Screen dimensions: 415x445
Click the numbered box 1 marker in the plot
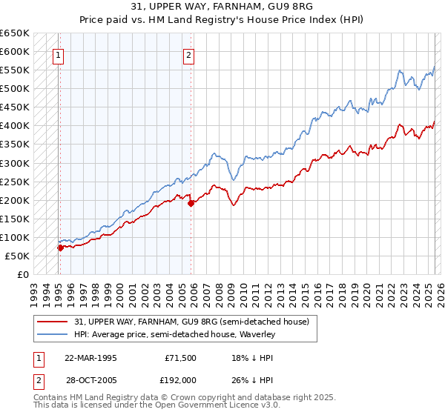[58, 54]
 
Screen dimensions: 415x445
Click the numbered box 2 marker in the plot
[189, 54]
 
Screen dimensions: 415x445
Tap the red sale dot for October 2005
[191, 202]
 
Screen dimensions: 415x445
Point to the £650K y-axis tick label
[15, 33]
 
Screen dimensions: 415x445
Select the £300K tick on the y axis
[15, 163]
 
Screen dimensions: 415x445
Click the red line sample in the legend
[53, 321]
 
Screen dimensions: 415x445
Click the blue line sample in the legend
[53, 334]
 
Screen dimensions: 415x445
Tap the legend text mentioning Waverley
[174, 334]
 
